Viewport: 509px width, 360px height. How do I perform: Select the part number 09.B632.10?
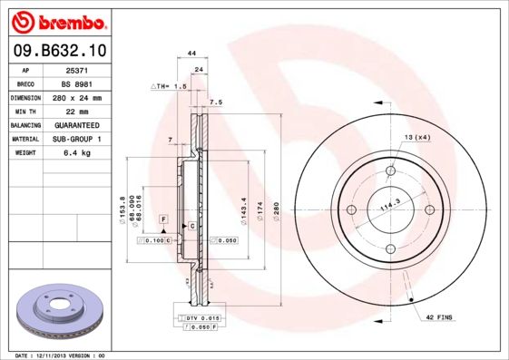[60, 53]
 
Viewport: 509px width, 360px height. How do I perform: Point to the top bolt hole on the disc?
[391, 170]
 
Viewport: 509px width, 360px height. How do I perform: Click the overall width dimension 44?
[191, 54]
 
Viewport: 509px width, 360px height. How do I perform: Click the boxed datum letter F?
[164, 219]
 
